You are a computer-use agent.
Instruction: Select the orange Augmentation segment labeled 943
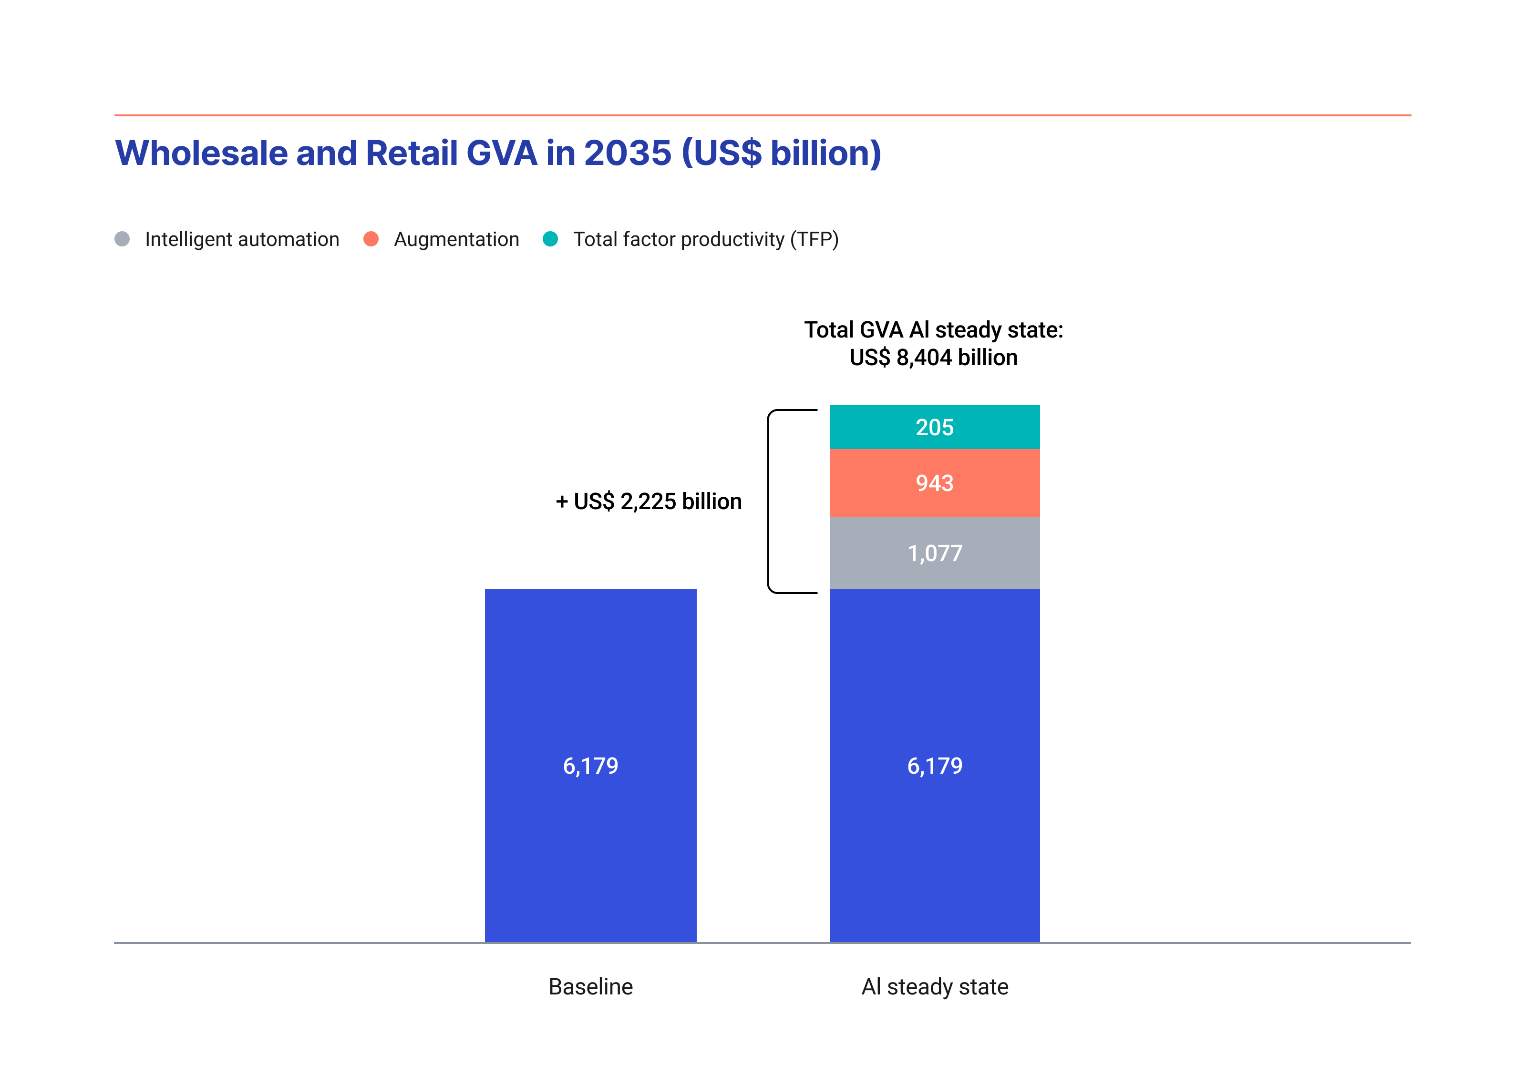click(935, 483)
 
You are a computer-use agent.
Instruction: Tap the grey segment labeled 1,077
click(935, 553)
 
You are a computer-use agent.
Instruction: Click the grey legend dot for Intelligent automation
click(122, 239)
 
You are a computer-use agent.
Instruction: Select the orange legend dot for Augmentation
click(371, 239)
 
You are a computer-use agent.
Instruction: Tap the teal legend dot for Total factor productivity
click(550, 239)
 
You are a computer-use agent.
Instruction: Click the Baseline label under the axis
click(590, 987)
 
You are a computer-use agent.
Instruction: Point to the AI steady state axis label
click(935, 987)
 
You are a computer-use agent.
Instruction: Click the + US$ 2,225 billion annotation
click(649, 502)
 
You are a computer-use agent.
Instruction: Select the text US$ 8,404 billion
click(933, 358)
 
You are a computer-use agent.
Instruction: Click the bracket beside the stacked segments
click(770, 502)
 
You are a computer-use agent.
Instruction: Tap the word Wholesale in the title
click(201, 154)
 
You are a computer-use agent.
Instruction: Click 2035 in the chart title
click(628, 154)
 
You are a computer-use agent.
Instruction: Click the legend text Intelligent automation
click(242, 239)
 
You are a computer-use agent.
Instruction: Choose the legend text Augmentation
click(456, 239)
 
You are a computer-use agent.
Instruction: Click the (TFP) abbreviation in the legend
click(814, 239)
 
